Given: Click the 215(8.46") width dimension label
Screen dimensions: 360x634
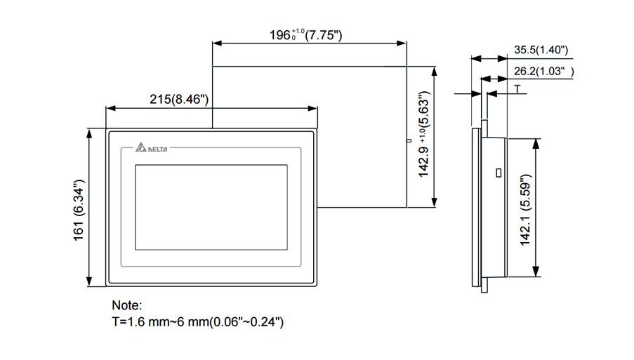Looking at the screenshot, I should pos(180,99).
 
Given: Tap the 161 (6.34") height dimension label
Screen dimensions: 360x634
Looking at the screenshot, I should pos(79,208).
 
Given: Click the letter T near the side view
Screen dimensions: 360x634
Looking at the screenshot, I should pos(517,89).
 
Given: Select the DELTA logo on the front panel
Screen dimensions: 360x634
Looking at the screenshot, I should pos(152,149).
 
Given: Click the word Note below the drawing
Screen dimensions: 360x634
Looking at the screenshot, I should pos(127,306).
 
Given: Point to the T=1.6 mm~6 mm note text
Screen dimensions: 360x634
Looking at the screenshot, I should pos(198,322).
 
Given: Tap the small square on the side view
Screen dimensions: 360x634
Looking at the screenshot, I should pos(498,172).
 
